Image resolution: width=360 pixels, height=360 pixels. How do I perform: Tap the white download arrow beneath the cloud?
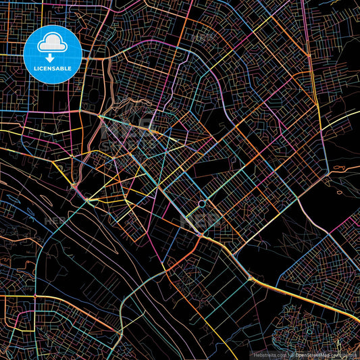pos(53,58)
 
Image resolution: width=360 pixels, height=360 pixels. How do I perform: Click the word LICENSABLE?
pos(53,68)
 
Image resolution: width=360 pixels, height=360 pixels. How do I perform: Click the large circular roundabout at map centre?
pos(201,203)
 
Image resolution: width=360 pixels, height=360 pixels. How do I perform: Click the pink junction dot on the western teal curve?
pos(34,296)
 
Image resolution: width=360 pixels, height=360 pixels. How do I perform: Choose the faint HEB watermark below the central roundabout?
pos(203,220)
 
